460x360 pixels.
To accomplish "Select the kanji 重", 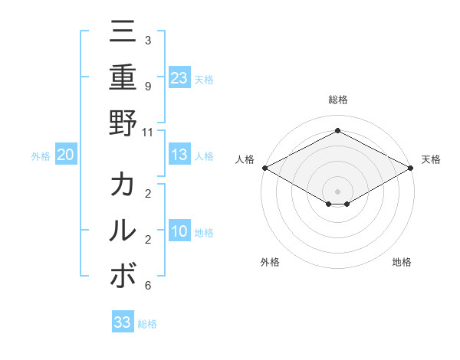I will coord(123,77).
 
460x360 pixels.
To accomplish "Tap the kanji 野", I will coord(123,122).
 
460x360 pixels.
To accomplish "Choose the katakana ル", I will coord(123,231).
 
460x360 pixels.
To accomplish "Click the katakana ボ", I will coord(123,275).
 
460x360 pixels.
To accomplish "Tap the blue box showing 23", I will coord(179,77).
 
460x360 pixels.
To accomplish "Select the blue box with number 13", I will coord(179,155).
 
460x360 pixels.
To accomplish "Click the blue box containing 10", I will coord(179,231).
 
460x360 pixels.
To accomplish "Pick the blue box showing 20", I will coord(65,155).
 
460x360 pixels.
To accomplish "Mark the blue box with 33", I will coord(122,322).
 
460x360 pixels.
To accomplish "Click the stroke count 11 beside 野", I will coord(147,132).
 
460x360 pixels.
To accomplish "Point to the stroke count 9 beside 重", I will coord(147,87).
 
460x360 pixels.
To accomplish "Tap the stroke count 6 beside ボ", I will coord(147,286).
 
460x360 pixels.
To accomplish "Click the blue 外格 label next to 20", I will coord(41,155).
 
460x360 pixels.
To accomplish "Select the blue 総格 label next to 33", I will coord(147,323).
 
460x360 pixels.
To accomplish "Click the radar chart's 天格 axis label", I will coord(432,159).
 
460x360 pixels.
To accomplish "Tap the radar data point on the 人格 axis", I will coord(264,168).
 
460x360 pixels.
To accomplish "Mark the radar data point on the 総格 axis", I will coord(337,130).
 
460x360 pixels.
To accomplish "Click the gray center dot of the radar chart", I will coord(337,191).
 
